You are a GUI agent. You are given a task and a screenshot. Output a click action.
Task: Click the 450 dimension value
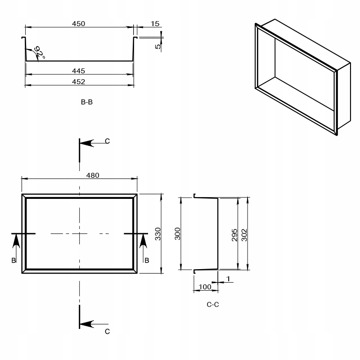(78, 24)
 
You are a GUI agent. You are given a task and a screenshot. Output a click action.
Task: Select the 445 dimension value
(78, 71)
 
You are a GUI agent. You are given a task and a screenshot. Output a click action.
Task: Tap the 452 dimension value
(78, 82)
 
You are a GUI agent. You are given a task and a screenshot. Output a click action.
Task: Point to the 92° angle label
(39, 52)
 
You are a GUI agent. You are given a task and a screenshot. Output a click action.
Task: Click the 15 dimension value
(155, 24)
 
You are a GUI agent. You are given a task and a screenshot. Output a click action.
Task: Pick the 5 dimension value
(158, 46)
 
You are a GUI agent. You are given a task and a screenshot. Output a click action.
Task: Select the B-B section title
(87, 102)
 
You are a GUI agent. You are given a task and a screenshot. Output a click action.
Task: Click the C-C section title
(213, 305)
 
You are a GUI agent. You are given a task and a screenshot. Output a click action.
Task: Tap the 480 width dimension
(93, 175)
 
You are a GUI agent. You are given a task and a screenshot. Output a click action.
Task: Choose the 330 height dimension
(158, 234)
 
